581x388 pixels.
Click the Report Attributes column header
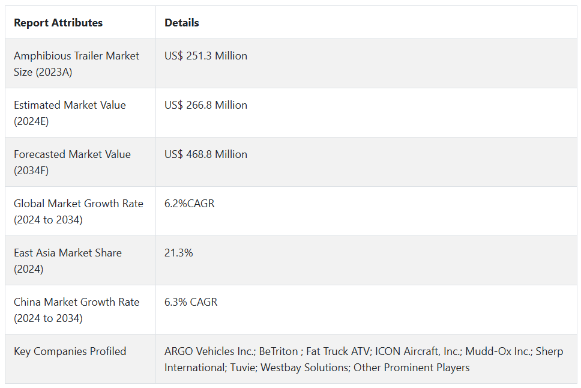coord(58,23)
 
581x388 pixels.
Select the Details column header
coord(182,23)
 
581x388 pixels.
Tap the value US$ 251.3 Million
coord(206,56)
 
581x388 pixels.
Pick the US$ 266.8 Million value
coord(206,105)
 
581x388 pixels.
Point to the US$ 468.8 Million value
coord(206,154)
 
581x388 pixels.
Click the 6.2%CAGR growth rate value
coord(190,204)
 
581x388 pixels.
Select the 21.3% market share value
coord(179,253)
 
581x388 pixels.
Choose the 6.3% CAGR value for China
coord(191,302)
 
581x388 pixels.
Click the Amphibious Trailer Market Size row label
coord(76,64)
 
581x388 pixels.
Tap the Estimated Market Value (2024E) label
coord(70,113)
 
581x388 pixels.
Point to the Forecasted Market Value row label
coord(72,162)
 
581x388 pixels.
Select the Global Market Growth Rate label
coord(79,211)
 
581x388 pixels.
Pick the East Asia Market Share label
coord(68,261)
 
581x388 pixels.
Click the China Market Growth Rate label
coord(77,310)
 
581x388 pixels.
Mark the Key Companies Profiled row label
coord(70,351)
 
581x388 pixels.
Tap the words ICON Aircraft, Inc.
coord(417,351)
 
